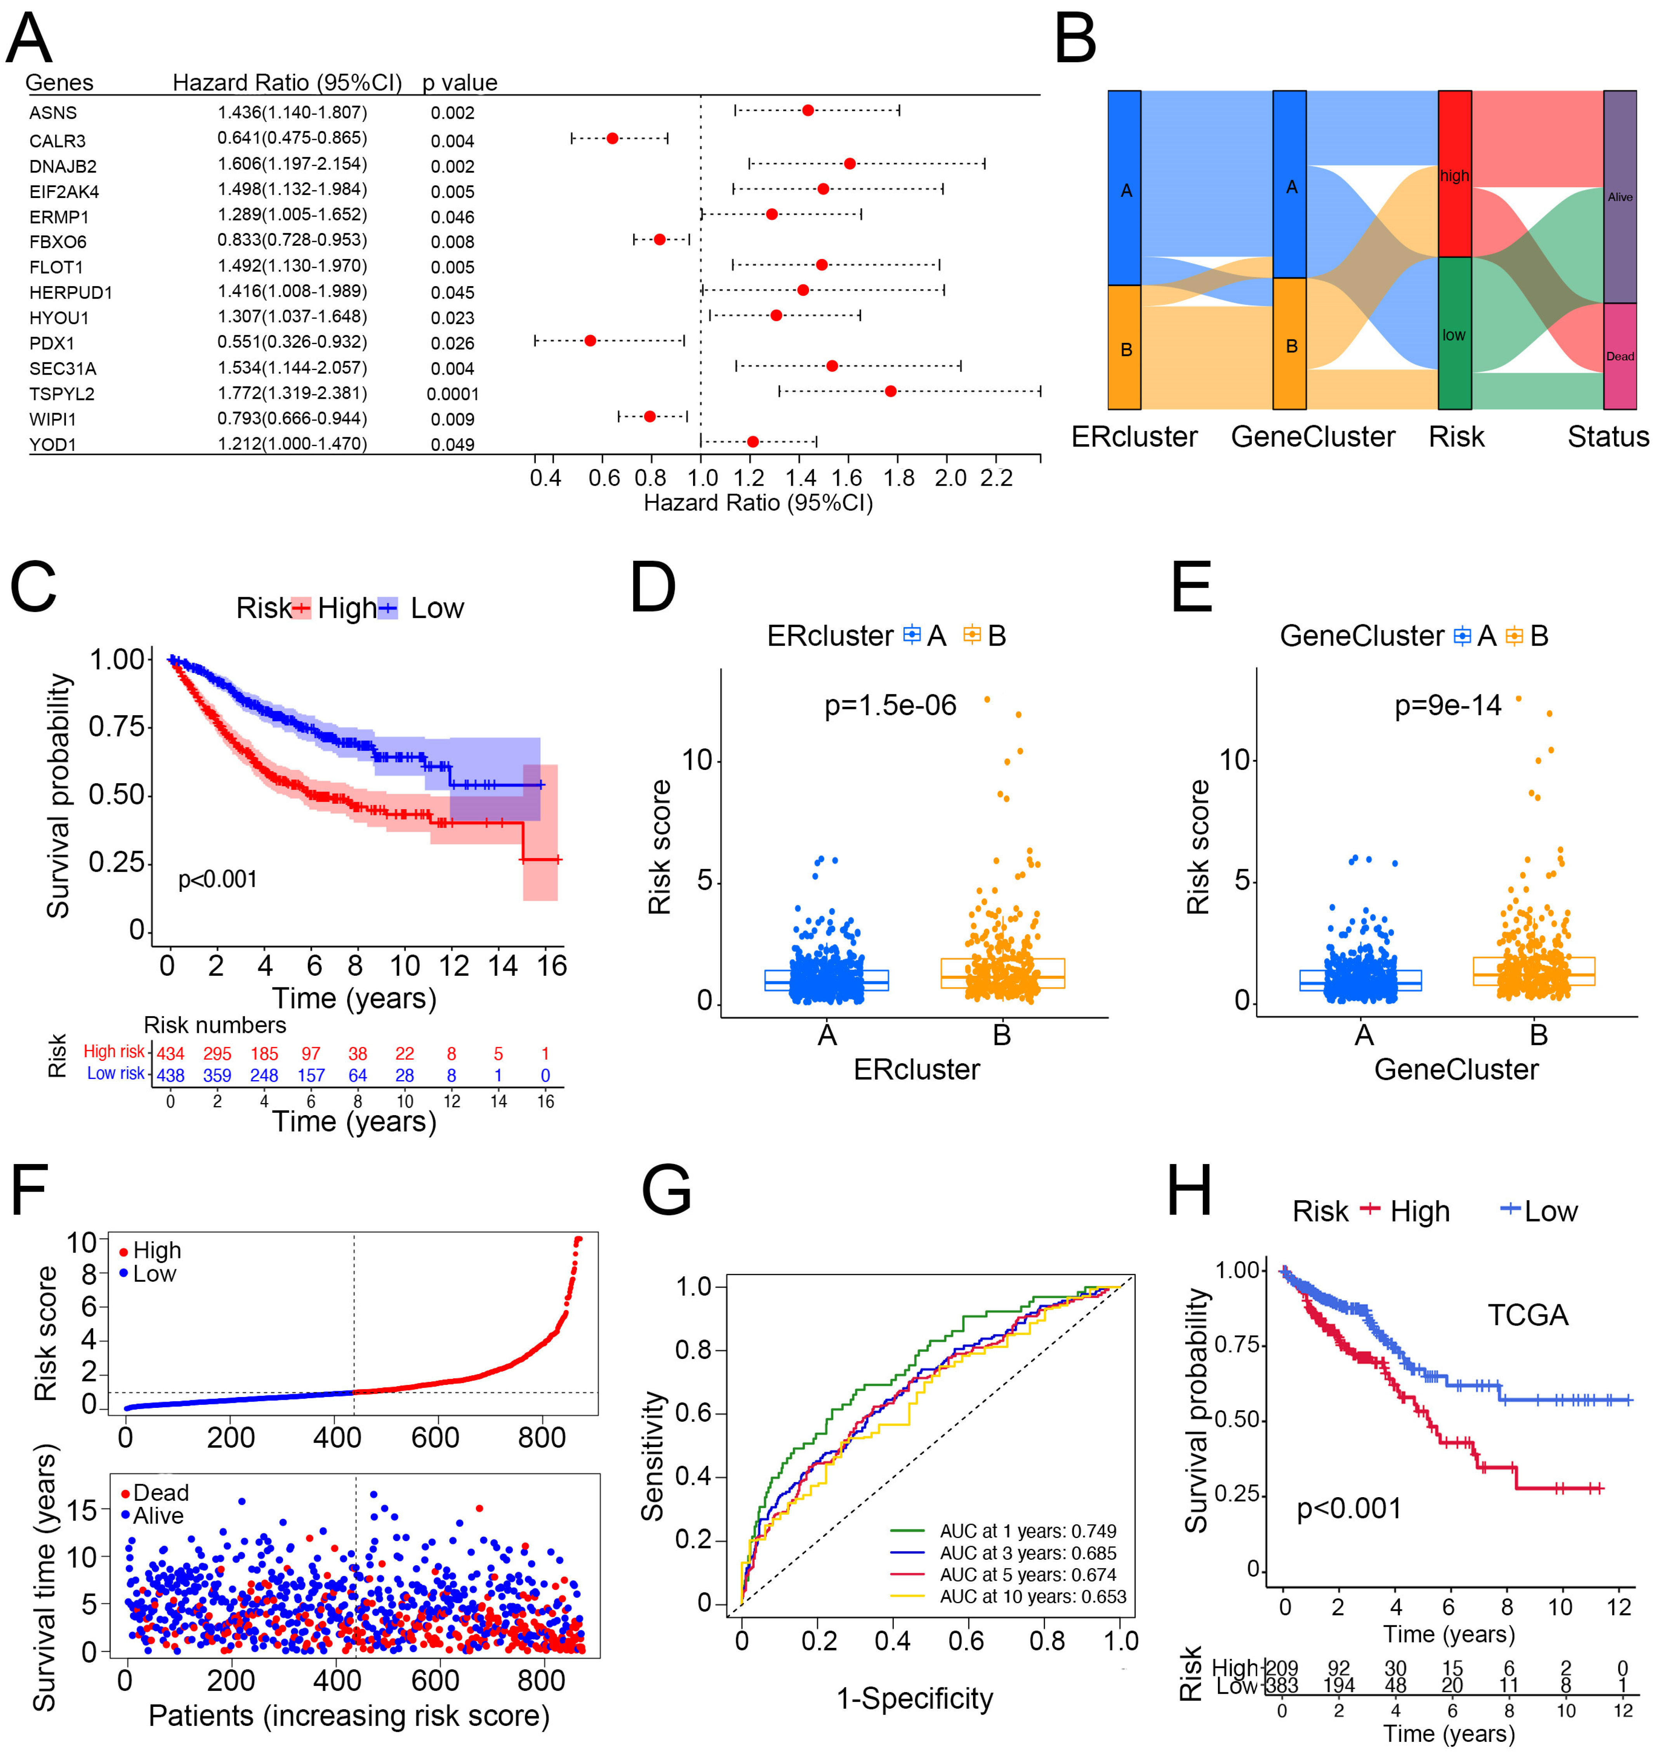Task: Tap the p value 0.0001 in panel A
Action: click(453, 394)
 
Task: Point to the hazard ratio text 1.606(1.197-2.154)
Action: click(292, 164)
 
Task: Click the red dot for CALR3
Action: click(612, 139)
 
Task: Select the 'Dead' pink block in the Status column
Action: click(1619, 356)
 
